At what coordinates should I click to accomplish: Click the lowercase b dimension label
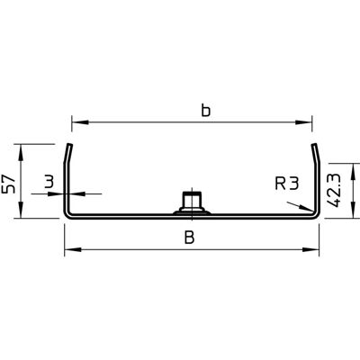click(x=206, y=110)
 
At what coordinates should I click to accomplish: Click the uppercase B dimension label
click(x=190, y=238)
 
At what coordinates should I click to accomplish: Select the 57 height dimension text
click(x=8, y=184)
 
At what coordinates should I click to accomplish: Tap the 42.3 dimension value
click(x=334, y=191)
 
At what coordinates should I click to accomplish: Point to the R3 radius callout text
click(x=286, y=184)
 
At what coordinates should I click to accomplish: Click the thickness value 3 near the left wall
click(x=49, y=183)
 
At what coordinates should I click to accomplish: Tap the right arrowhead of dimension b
click(x=303, y=122)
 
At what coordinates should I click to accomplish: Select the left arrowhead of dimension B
click(x=73, y=249)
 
